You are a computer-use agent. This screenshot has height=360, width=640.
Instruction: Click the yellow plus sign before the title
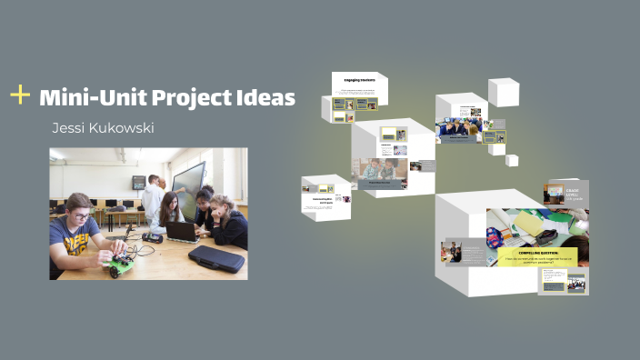click(x=19, y=95)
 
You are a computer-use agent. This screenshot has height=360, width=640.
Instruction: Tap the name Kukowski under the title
click(x=124, y=128)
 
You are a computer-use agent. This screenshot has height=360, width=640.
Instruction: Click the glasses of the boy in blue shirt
click(x=80, y=215)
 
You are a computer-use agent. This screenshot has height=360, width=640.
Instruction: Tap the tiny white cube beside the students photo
click(x=512, y=160)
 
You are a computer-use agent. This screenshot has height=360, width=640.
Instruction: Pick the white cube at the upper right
click(x=503, y=92)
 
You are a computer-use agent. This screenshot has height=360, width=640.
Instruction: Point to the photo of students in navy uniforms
click(x=455, y=129)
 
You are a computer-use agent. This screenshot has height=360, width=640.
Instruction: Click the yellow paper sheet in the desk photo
click(x=527, y=221)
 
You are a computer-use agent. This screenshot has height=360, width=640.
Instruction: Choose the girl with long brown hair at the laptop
click(x=170, y=211)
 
